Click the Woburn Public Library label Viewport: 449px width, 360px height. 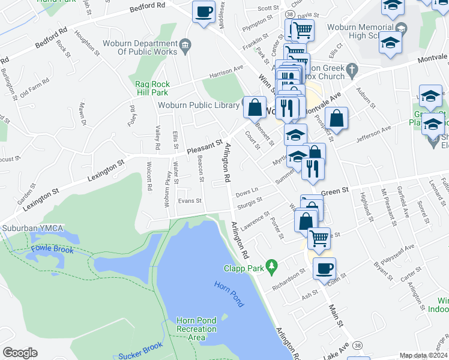[199, 106]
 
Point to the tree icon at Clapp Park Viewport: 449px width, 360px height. [272, 265]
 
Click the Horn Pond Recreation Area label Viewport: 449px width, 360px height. [196, 329]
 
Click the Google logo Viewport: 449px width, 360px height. [20, 352]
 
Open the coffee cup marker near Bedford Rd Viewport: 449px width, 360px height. [203, 11]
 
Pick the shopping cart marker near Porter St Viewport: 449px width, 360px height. [319, 238]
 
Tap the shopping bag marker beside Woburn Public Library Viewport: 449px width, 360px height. [255, 107]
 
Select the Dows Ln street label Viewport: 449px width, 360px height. [247, 193]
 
